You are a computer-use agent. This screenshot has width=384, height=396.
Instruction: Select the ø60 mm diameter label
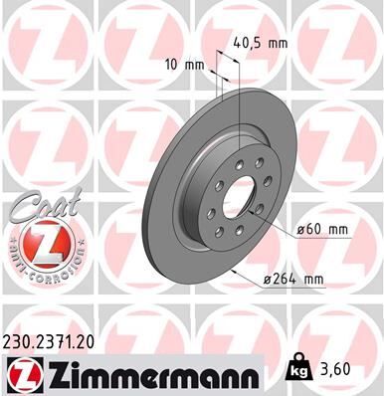(324, 231)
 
